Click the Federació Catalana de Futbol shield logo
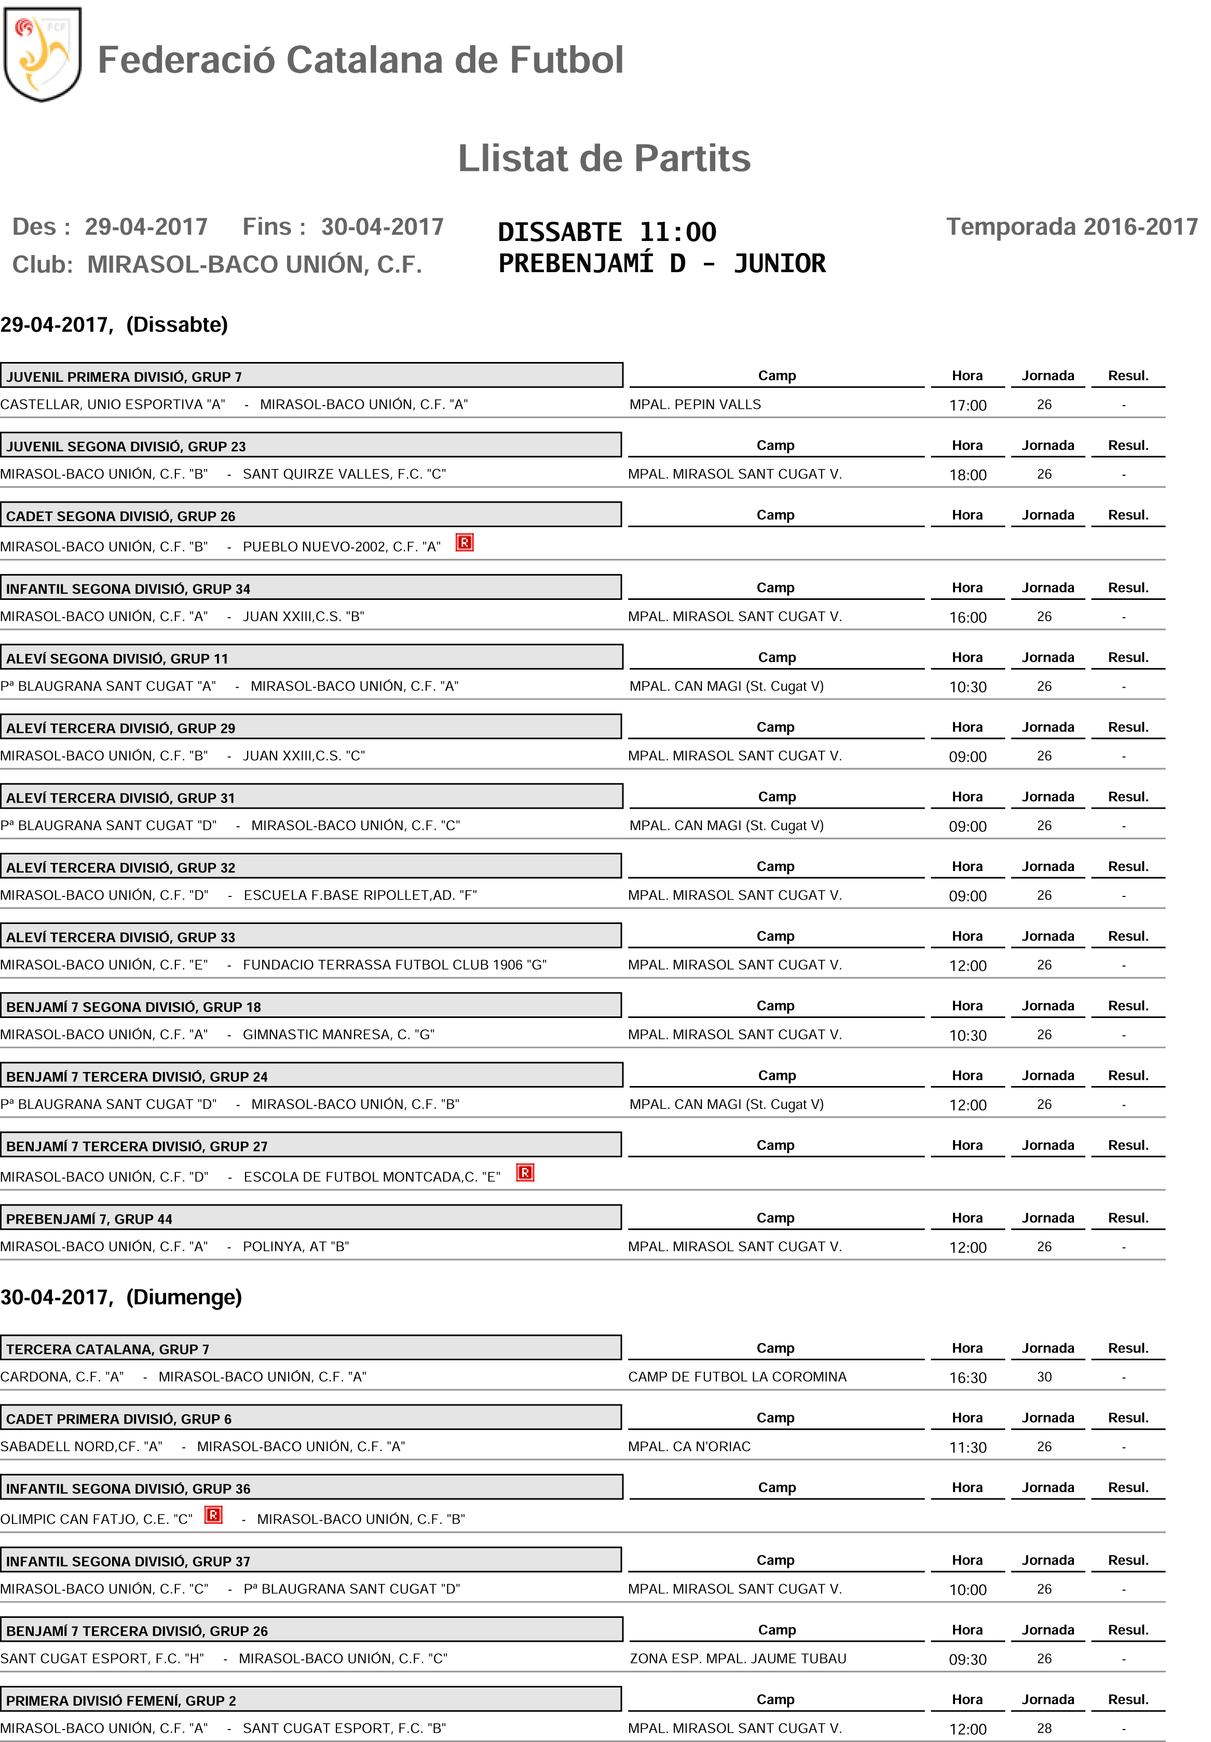point(43,54)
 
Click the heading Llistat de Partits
point(604,158)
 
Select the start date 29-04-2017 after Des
point(145,227)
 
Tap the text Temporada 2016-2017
point(1071,227)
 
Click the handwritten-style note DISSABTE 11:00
point(607,232)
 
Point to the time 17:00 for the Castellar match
point(968,405)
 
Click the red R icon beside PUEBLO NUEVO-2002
point(464,542)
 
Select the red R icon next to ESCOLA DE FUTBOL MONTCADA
point(525,1173)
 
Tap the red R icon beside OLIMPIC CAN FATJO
point(214,1515)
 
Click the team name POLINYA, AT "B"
point(296,1247)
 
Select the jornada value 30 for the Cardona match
point(1044,1377)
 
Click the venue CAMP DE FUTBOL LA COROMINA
point(737,1377)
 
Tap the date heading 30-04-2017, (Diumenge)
point(121,1297)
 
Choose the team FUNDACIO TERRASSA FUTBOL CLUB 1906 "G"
point(394,965)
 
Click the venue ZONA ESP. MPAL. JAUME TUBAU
point(738,1658)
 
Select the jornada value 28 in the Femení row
point(1044,1728)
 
